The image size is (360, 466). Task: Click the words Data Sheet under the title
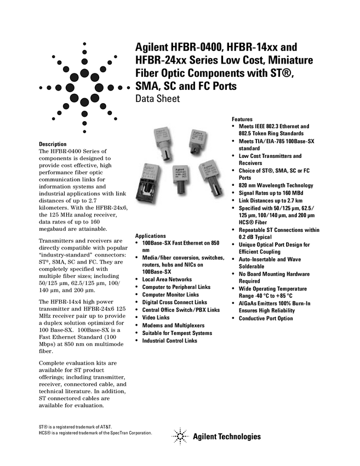click(x=157, y=99)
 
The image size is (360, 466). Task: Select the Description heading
click(x=53, y=144)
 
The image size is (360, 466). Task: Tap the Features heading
click(x=242, y=119)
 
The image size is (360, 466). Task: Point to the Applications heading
click(x=150, y=236)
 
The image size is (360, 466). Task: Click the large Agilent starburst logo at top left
click(x=84, y=88)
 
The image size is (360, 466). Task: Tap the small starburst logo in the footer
click(x=180, y=436)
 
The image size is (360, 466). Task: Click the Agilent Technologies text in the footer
click(x=227, y=436)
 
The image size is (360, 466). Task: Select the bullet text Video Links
click(x=156, y=317)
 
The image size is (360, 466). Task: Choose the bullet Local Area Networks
click(x=167, y=280)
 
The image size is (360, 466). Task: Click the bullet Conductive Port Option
click(x=266, y=319)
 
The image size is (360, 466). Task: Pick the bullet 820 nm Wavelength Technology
click(x=276, y=185)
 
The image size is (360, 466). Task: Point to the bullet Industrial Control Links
click(x=170, y=340)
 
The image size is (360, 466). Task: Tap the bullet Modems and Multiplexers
click(x=173, y=326)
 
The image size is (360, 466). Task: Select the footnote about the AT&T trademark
click(x=76, y=427)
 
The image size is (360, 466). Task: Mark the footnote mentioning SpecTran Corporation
click(x=95, y=433)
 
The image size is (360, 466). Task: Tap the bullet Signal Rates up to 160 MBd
click(x=271, y=193)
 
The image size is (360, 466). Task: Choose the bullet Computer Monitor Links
click(x=170, y=295)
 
